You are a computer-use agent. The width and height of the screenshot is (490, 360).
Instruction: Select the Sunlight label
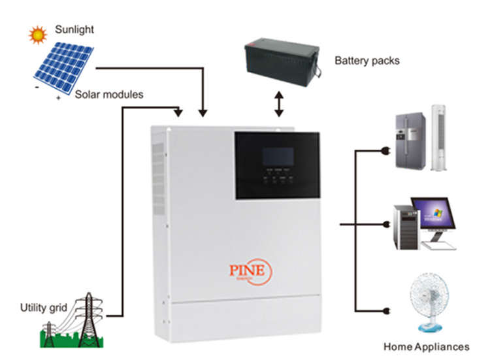coord(74,29)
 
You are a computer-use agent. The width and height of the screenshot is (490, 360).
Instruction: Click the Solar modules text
coord(109,95)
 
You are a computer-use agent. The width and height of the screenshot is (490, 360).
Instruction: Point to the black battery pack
coord(281,63)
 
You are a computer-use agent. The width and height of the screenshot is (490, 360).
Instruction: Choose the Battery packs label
coord(367,61)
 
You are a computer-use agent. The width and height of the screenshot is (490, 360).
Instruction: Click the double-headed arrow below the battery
coord(280,104)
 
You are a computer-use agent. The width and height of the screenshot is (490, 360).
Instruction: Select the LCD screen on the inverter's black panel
coord(275,159)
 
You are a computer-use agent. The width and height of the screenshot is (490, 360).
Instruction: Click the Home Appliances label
coord(426,346)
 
